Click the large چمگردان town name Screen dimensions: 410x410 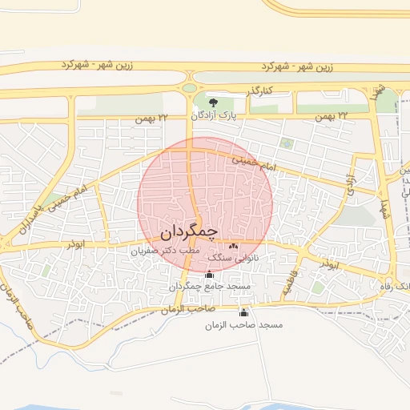(189, 232)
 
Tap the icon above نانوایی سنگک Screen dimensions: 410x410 (234, 246)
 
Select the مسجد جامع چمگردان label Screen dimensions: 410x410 (210, 286)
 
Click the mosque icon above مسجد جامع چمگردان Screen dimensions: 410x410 (209, 275)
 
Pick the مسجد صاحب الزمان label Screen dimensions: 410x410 (243, 324)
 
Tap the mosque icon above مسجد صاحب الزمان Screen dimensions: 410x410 (243, 313)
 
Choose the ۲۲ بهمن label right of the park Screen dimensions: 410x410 (332, 117)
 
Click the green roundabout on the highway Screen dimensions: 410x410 (190, 88)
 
